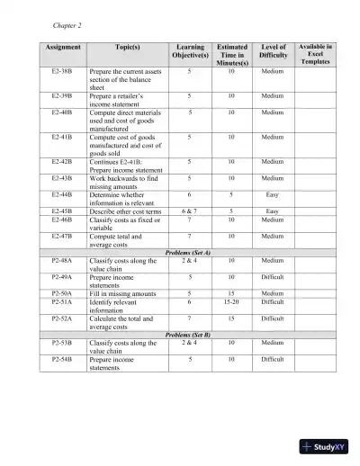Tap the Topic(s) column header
pyautogui.click(x=127, y=47)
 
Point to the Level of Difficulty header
pyautogui.click(x=273, y=51)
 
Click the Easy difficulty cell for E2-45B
pyautogui.click(x=273, y=211)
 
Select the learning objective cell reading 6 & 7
pyautogui.click(x=189, y=211)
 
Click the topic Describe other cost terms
pyautogui.click(x=125, y=211)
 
